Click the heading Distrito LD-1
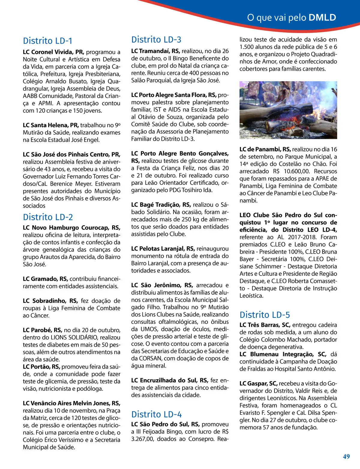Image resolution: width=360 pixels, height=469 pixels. click(47, 41)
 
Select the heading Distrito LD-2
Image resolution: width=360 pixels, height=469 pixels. click(48, 217)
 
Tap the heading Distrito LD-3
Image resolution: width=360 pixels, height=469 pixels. click(156, 40)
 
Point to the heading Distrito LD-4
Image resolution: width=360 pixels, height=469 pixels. click(156, 414)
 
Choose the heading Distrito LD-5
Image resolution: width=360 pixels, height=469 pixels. click(265, 315)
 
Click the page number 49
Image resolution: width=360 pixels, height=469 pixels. click(346, 456)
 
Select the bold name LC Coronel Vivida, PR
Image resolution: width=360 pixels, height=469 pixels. click(53, 52)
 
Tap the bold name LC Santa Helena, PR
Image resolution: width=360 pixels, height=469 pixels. click(51, 125)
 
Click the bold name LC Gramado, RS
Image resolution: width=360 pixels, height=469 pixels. click(45, 279)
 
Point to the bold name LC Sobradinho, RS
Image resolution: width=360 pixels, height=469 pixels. click(50, 301)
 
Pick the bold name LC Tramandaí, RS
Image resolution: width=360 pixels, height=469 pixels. click(155, 51)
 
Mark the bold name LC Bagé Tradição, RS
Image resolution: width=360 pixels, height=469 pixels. click(161, 205)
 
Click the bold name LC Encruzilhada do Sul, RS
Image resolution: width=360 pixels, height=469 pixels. click(169, 380)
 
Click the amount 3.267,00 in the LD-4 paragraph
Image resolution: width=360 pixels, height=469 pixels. click(143, 439)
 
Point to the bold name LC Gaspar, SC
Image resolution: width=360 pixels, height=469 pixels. click(258, 383)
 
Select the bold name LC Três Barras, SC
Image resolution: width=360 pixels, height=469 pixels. click(265, 325)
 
